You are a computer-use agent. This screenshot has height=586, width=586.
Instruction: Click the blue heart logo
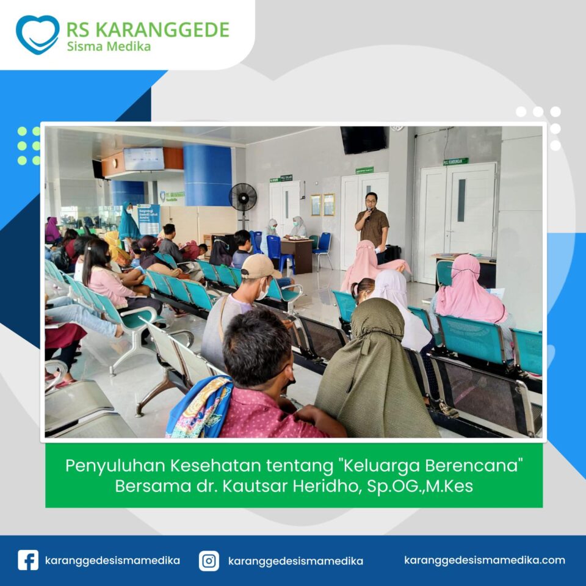click(37, 34)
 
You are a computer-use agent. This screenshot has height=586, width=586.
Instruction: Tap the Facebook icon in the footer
click(28, 560)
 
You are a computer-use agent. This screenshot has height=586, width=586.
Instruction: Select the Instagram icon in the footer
click(209, 560)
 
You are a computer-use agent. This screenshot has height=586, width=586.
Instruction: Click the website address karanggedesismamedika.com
click(484, 560)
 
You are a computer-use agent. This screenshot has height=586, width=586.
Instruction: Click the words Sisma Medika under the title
click(109, 46)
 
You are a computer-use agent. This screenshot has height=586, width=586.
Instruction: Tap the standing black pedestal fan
click(243, 205)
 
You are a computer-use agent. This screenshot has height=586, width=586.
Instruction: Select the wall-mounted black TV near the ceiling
click(363, 140)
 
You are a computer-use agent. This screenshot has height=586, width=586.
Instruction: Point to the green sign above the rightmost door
click(455, 161)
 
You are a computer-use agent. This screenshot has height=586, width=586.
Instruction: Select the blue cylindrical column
click(208, 175)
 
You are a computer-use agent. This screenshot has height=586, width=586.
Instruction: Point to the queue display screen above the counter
click(144, 159)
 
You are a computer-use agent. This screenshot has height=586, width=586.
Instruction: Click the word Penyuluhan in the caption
click(115, 466)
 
